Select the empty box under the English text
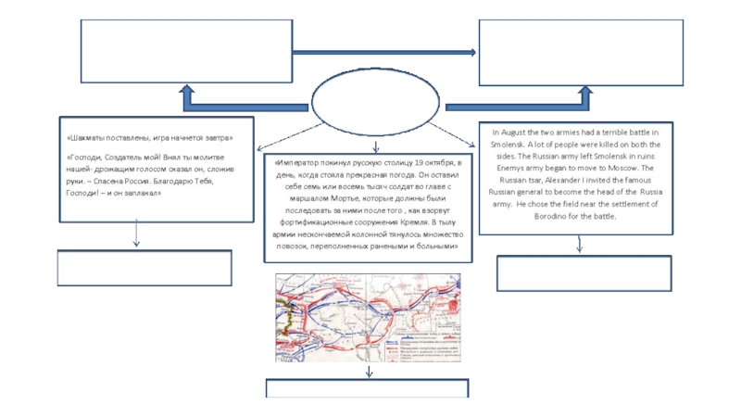[584, 273]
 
